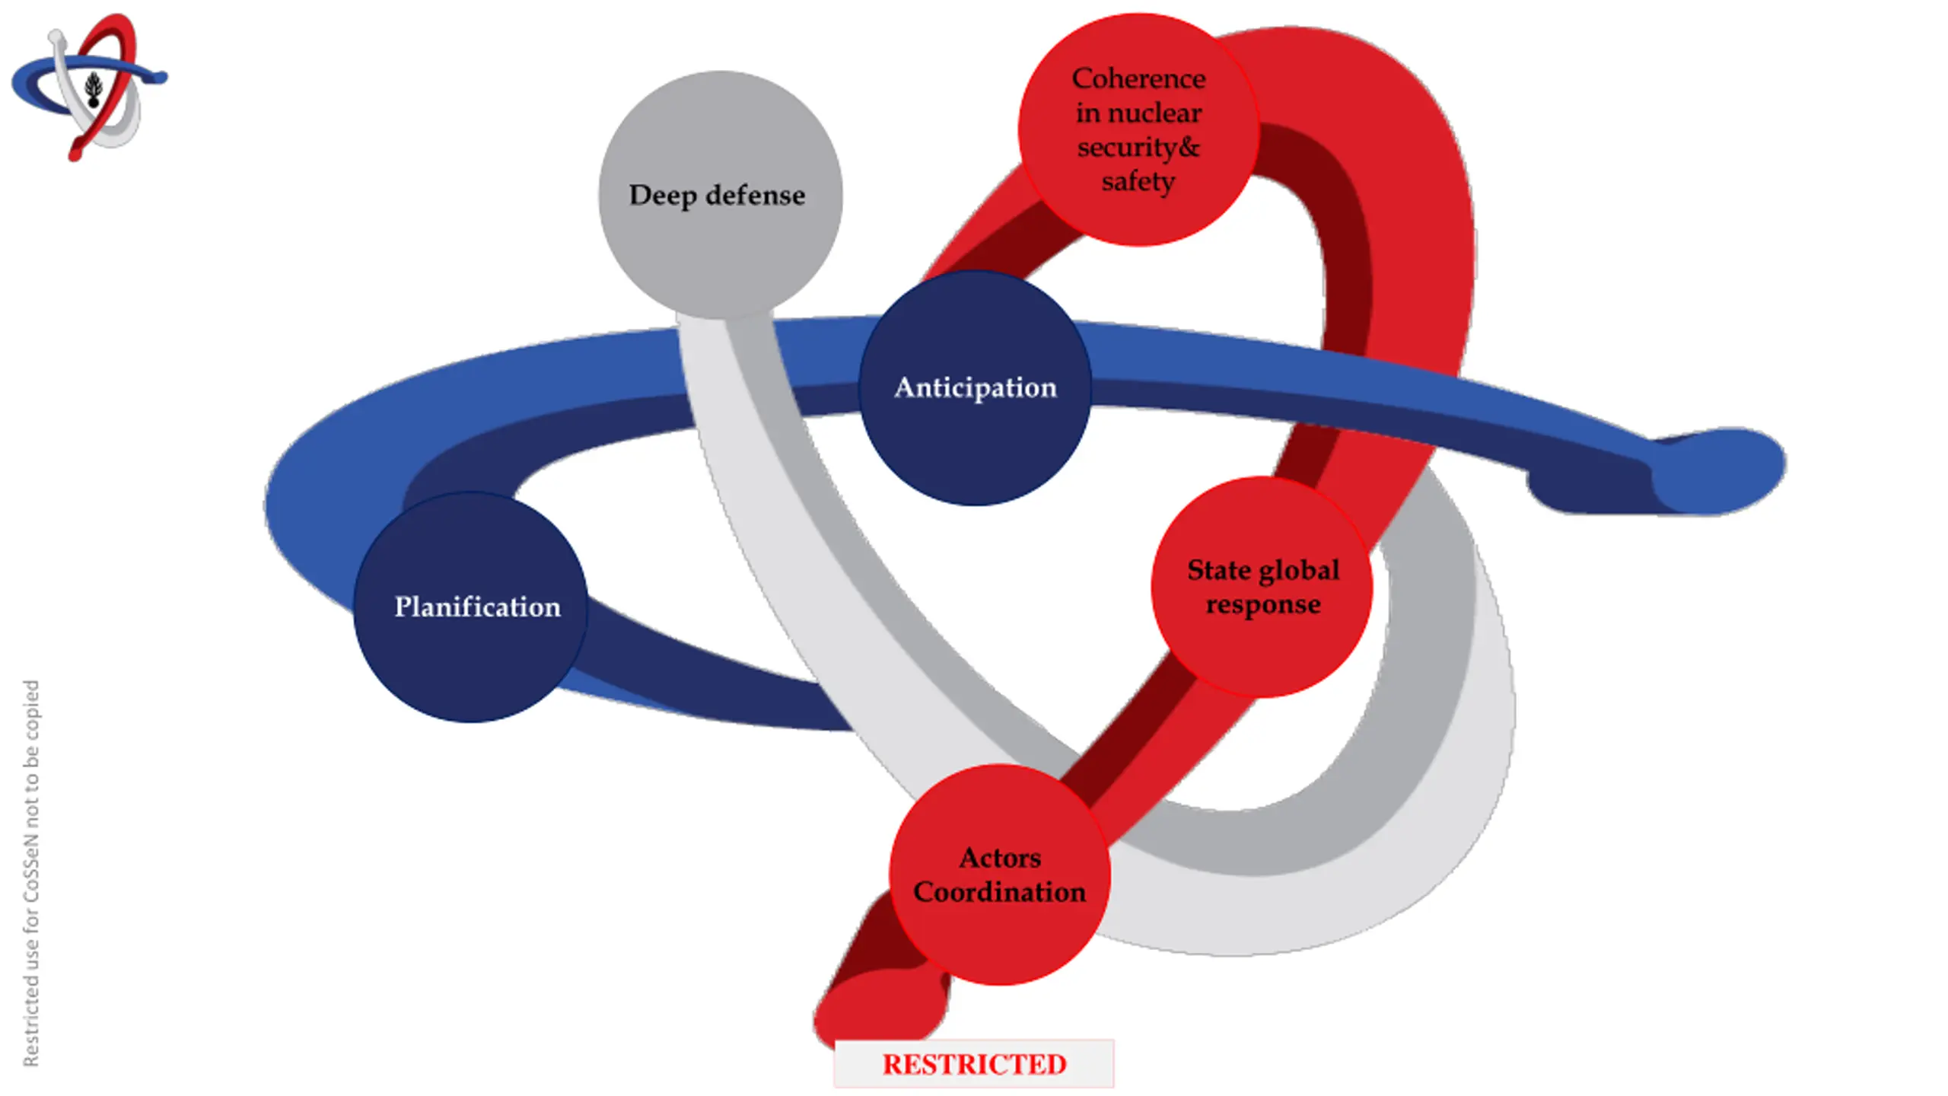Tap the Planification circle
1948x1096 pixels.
(470, 655)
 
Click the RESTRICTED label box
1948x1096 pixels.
(974, 1064)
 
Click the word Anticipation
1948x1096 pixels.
(975, 387)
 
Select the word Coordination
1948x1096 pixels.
(999, 892)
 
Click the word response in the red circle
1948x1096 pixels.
(1262, 605)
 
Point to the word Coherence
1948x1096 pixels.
(1138, 78)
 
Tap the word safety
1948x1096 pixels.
(1138, 181)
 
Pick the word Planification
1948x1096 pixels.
(477, 607)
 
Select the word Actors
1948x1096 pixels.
(999, 858)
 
